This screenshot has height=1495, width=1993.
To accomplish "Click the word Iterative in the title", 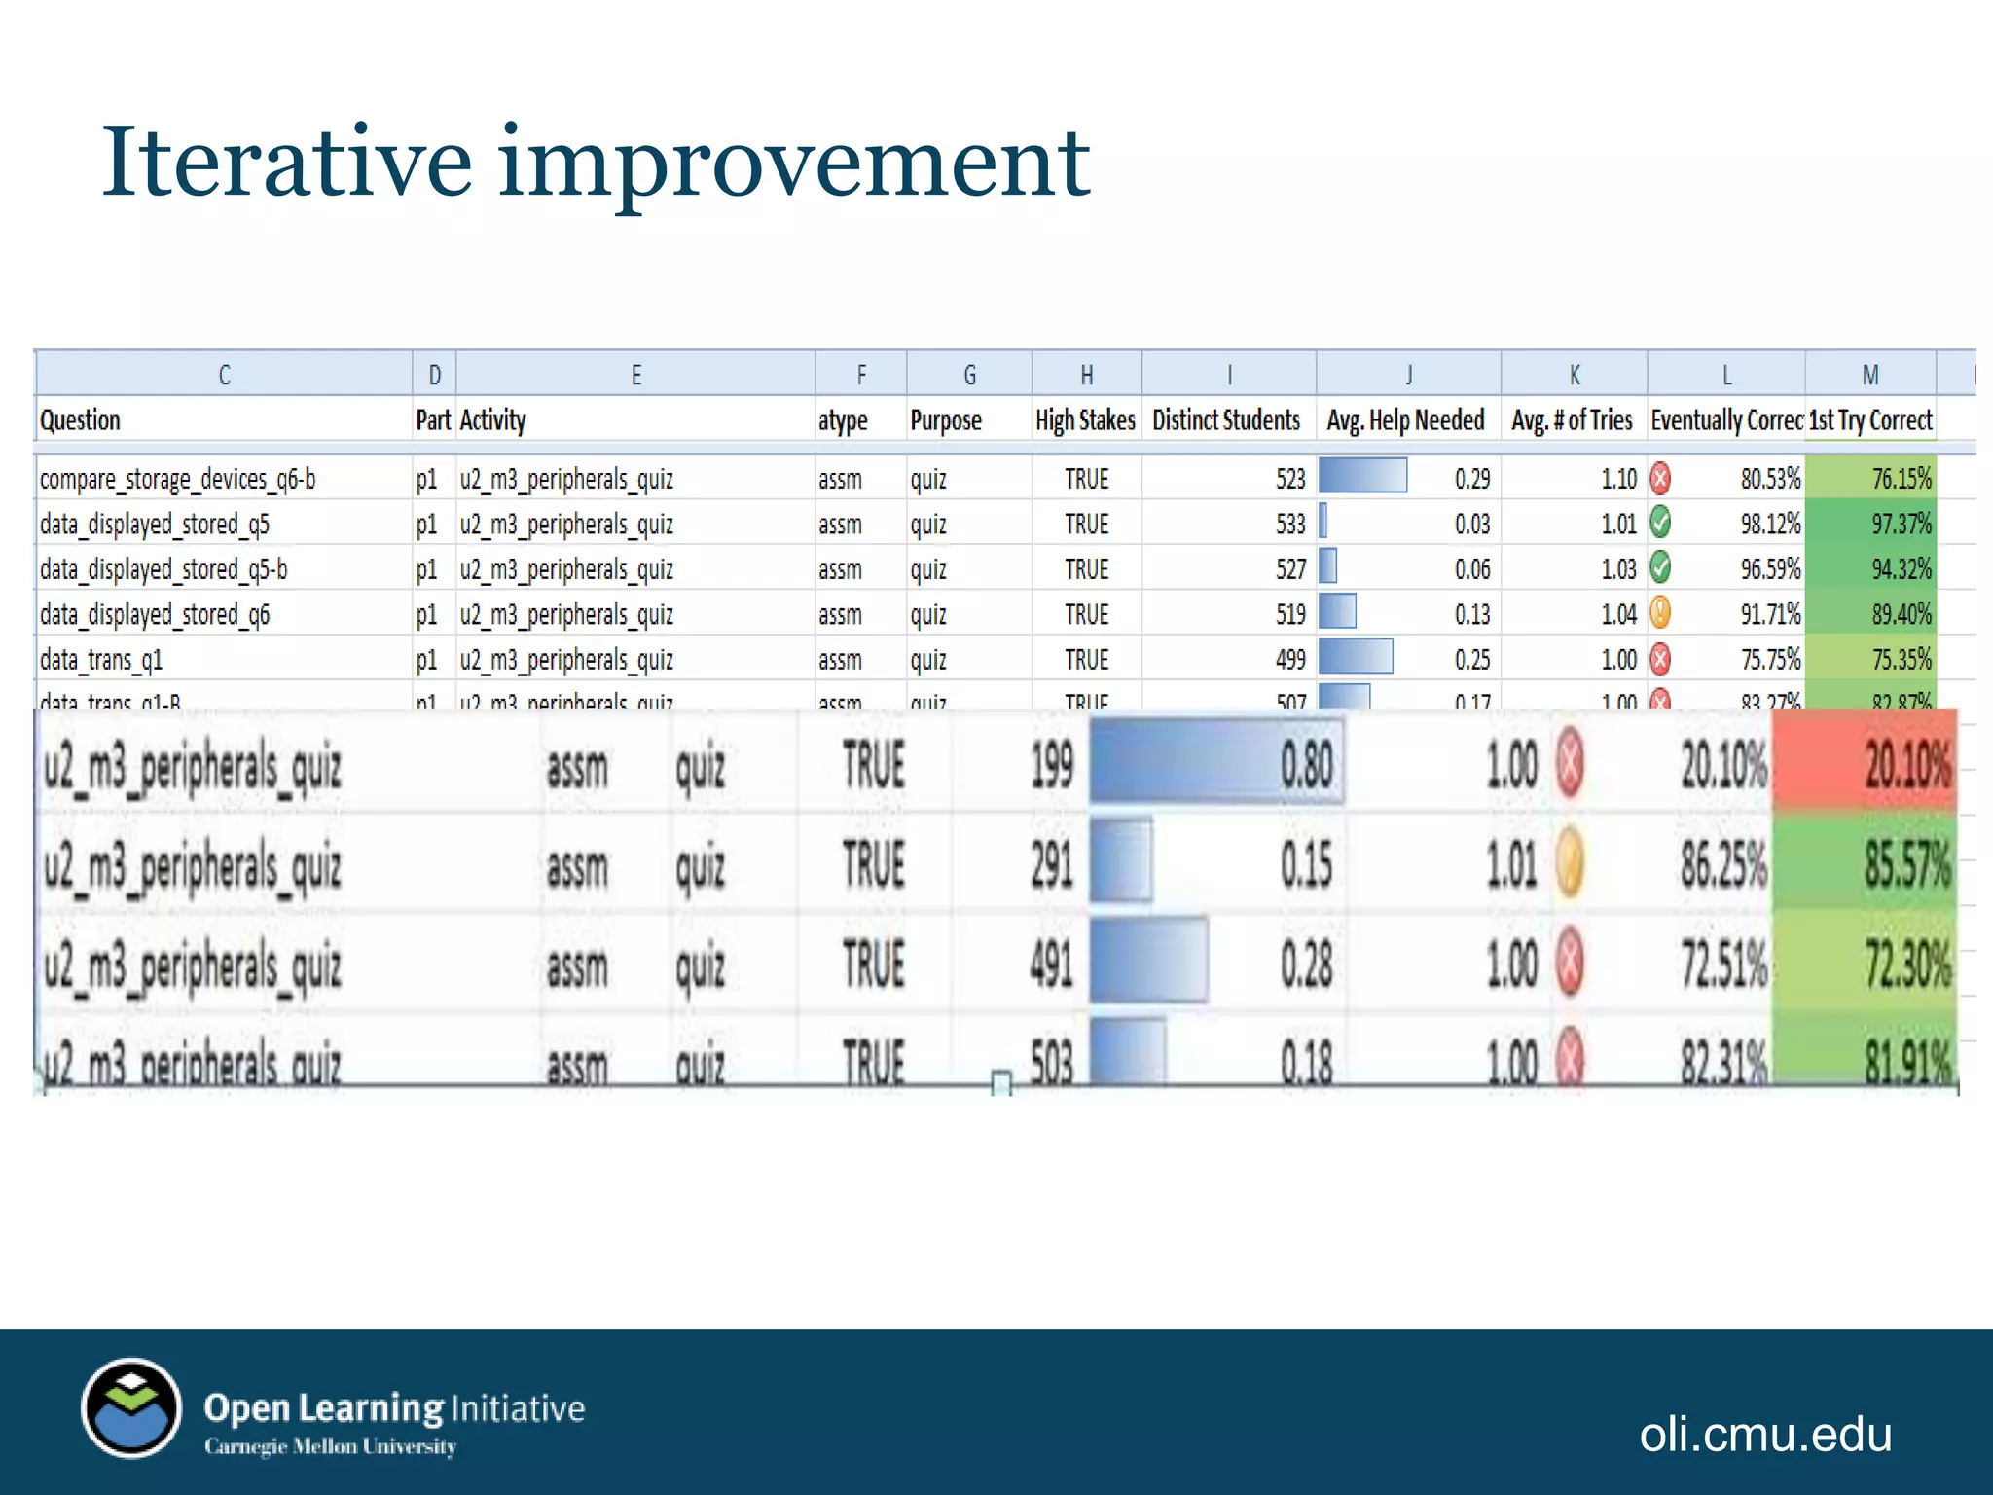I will [x=287, y=163].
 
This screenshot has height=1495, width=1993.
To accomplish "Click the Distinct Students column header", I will [x=1226, y=420].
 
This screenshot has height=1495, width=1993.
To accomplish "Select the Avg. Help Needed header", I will [x=1405, y=420].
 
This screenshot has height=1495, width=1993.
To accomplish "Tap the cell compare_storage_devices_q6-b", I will [x=178, y=479].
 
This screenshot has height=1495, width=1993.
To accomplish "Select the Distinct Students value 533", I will [x=1290, y=525].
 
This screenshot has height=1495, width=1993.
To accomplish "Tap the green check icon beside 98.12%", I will [x=1661, y=524].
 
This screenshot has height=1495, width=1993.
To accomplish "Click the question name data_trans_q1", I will [x=101, y=660].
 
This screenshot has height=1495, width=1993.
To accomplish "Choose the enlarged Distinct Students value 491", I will [x=1052, y=966].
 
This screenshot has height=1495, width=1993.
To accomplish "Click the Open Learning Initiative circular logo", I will [x=131, y=1408].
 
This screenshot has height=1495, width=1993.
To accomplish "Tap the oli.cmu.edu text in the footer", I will [x=1765, y=1435].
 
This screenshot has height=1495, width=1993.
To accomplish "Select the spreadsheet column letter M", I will [x=1869, y=375].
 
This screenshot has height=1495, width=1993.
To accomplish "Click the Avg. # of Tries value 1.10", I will [x=1619, y=479].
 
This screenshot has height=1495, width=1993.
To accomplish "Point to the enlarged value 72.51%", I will [x=1722, y=966].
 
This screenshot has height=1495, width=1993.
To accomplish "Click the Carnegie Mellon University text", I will [x=330, y=1447].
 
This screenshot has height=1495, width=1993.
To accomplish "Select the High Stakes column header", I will [x=1085, y=420].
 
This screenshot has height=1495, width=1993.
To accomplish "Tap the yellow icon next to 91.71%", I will [x=1661, y=613].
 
